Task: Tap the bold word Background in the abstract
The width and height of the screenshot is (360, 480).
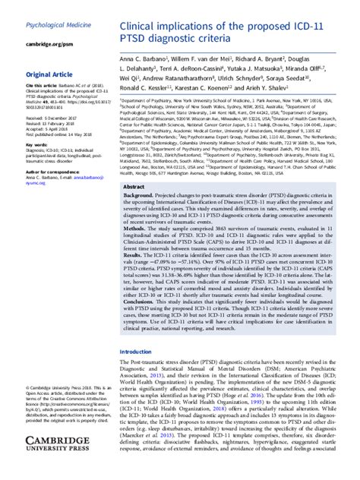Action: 143,196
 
